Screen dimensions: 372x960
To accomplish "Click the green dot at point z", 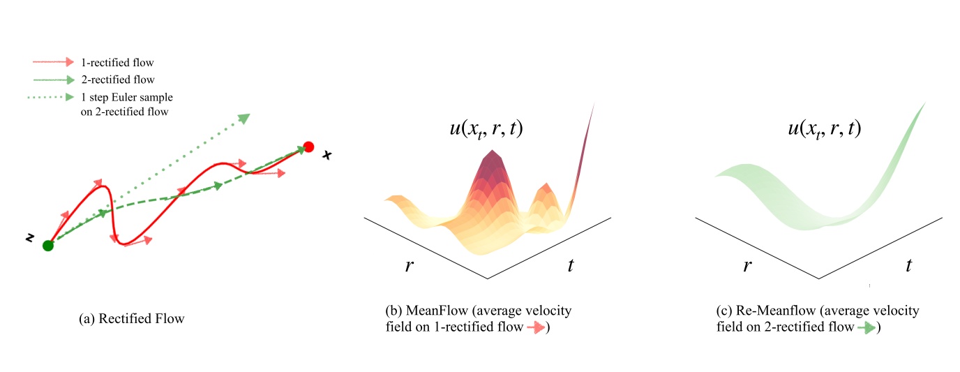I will tap(47, 246).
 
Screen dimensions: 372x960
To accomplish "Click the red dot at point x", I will tap(309, 147).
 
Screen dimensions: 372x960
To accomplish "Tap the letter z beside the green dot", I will tap(30, 238).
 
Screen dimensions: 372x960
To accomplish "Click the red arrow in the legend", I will tap(52, 62).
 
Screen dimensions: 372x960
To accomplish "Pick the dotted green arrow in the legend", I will tap(52, 96).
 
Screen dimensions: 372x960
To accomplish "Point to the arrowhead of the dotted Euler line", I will tap(243, 118).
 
